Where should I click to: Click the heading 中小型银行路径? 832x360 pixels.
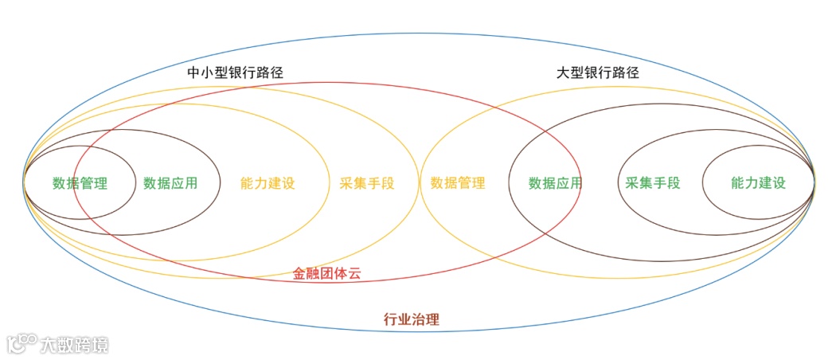235,72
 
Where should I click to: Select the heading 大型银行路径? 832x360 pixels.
597,72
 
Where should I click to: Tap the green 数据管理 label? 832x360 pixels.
80,183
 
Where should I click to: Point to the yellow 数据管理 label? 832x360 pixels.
458,183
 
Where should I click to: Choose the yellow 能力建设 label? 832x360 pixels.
268,183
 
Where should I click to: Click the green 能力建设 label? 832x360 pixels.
758,183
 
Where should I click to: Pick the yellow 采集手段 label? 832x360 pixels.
366,183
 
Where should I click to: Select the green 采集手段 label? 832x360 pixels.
653,183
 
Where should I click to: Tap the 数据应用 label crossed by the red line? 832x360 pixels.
555,183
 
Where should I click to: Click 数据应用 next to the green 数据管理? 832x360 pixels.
170,183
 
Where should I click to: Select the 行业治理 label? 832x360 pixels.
411,320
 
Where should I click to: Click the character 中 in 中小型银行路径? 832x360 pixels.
193,72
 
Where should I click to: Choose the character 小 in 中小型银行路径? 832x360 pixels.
207,72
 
